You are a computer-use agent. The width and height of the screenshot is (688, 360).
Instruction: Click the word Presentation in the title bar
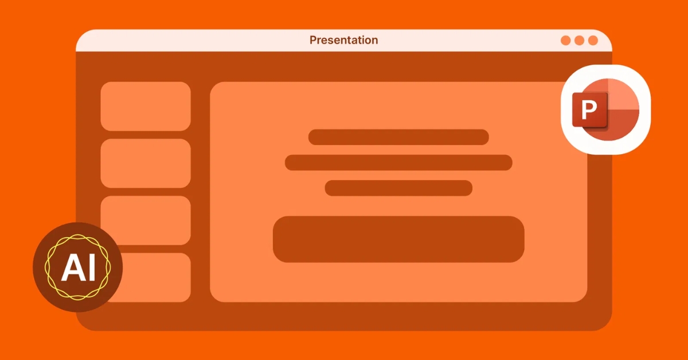pos(343,40)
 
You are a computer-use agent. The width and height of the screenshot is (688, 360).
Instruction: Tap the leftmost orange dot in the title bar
pos(566,41)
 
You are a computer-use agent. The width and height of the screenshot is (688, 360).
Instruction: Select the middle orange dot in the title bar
pos(579,41)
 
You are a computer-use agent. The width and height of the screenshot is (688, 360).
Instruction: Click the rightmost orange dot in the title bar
pos(593,41)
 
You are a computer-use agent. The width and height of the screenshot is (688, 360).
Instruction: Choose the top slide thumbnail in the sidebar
pos(146,106)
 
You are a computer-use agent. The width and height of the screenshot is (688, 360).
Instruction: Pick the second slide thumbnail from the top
pos(146,163)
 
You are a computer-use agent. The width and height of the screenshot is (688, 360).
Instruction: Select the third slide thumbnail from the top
pos(146,220)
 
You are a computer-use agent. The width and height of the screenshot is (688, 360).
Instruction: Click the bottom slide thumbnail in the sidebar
pos(155,277)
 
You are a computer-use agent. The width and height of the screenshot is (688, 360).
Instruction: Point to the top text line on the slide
pos(398,137)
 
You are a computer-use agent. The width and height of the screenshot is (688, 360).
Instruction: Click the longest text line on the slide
pos(398,162)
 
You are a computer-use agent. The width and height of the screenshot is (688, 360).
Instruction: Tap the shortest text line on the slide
pos(398,188)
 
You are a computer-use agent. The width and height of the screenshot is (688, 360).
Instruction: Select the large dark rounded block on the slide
pos(398,239)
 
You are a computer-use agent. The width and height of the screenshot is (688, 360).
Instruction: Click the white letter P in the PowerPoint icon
pos(589,110)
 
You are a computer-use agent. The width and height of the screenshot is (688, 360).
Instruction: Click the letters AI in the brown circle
pos(78,268)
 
